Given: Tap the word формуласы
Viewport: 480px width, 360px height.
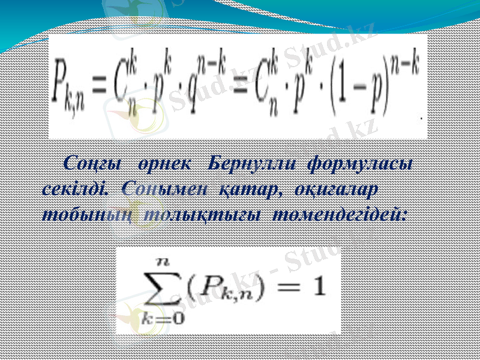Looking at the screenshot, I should coord(359,163).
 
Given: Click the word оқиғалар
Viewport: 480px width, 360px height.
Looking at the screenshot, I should coord(335,189).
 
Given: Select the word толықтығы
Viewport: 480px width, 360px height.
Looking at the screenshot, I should coord(202,214).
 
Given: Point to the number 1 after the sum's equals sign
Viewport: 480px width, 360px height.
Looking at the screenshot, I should coord(318,289).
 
